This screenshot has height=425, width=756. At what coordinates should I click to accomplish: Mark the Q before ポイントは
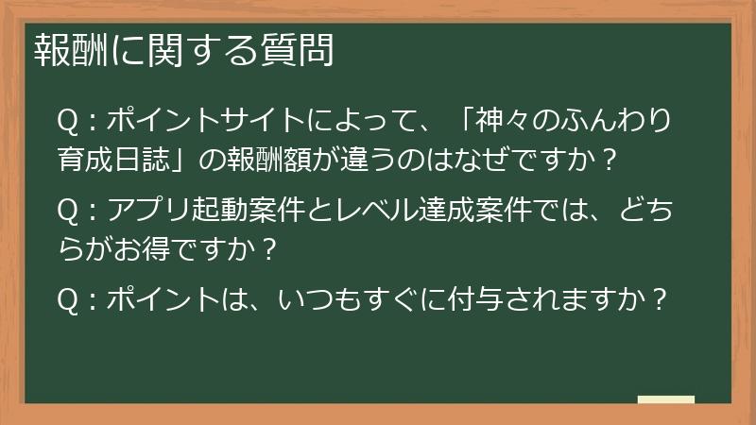point(69,302)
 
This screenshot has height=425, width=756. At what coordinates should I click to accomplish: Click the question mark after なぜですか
point(609,160)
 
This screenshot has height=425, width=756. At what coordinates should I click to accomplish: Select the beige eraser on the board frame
point(666,399)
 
